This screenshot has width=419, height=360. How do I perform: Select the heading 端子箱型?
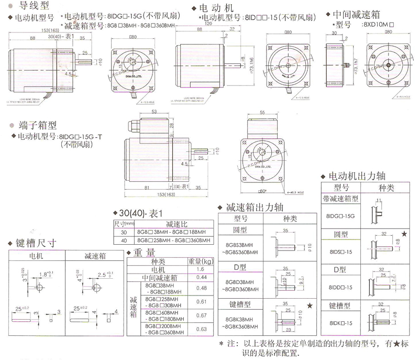[31, 126]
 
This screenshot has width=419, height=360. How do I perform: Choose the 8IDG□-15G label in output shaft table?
[340, 215]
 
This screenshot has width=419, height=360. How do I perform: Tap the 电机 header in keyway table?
[37, 256]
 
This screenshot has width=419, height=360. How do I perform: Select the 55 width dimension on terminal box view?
[262, 112]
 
